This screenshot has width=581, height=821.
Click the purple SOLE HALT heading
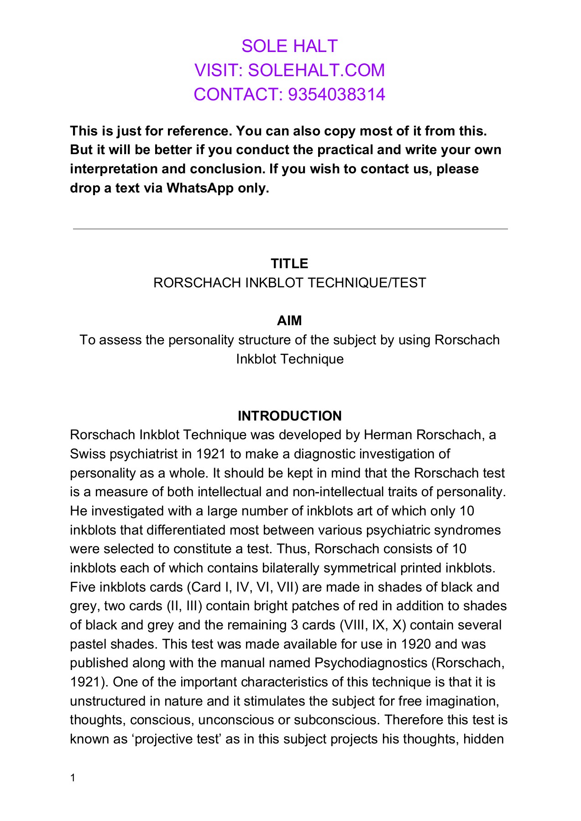click(289, 46)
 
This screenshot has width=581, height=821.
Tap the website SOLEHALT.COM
click(316, 70)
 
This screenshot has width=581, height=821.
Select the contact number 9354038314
click(337, 94)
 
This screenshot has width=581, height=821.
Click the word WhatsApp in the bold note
click(200, 188)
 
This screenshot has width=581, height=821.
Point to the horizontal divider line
click(290, 229)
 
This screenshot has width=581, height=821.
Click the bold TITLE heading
click(289, 264)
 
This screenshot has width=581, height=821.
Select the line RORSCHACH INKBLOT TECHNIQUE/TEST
click(289, 283)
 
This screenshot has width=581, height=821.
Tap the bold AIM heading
click(289, 321)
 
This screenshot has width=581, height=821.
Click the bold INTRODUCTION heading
click(289, 416)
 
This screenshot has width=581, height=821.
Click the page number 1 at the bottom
click(73, 778)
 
